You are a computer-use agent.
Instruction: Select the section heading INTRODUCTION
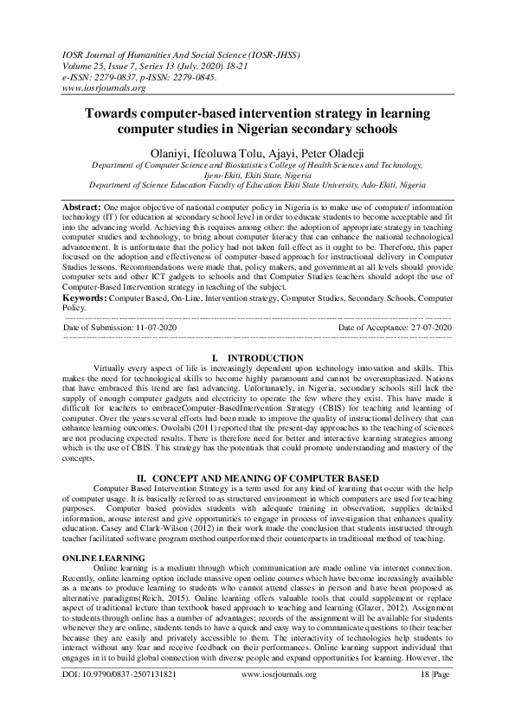point(264,358)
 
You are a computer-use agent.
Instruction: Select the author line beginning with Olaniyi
point(257,151)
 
